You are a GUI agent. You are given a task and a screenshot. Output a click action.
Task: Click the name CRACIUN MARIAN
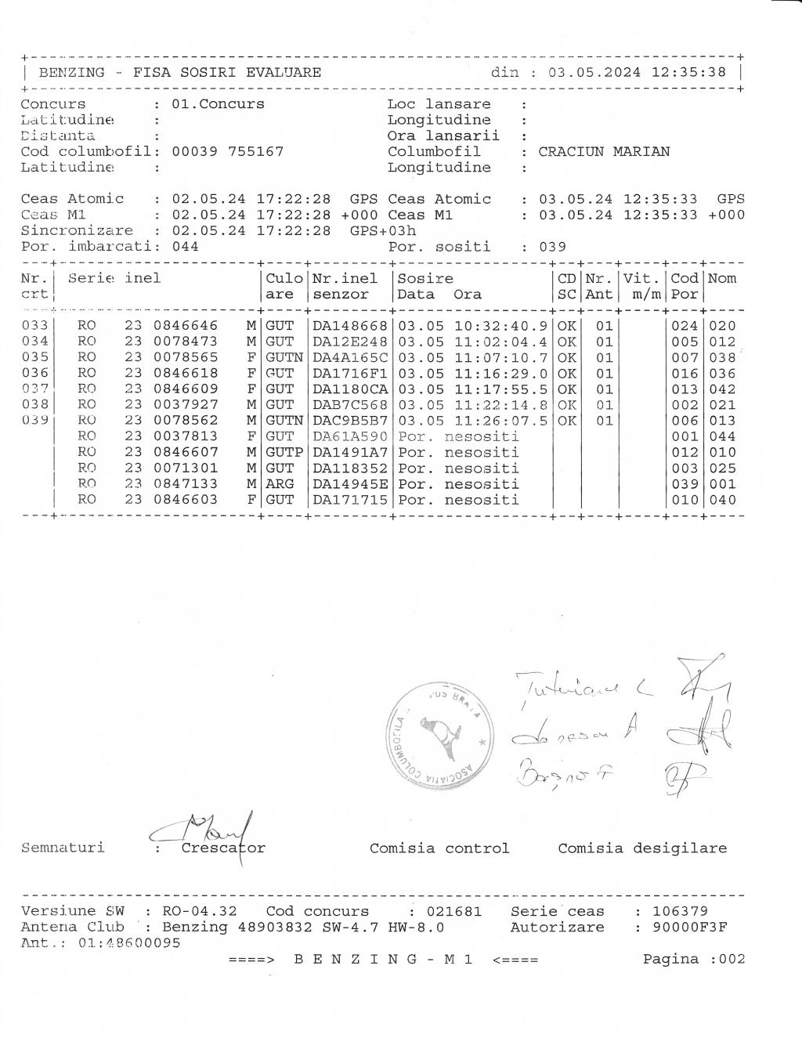tap(604, 152)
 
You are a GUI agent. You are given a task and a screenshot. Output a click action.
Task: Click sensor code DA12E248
tap(350, 342)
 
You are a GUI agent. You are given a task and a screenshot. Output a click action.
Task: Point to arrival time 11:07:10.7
tap(501, 357)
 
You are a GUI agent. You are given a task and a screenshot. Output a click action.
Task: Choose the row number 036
tap(34, 374)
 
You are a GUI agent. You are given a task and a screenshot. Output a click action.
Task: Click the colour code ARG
tap(280, 484)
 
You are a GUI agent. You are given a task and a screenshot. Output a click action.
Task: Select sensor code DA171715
tap(350, 500)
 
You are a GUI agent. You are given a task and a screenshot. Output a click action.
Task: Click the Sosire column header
tap(425, 279)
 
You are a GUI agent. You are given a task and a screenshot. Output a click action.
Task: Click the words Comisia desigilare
tap(642, 848)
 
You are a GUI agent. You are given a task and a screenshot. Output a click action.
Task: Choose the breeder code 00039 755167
tap(227, 152)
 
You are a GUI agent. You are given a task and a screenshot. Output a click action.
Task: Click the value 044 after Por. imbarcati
tap(185, 247)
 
